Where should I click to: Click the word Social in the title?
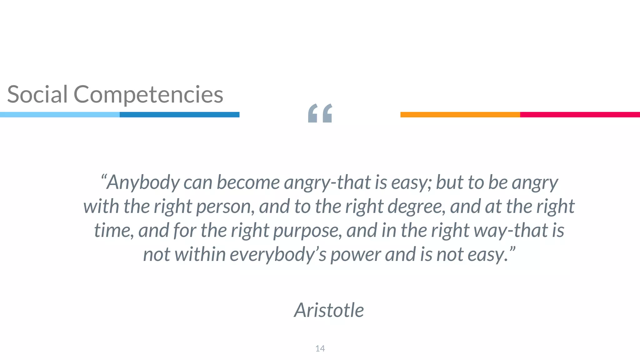(x=37, y=94)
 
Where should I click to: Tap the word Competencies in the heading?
(x=148, y=95)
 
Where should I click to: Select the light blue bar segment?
(x=60, y=115)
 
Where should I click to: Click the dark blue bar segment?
(x=179, y=115)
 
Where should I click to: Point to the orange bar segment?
(x=460, y=115)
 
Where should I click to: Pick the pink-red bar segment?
(x=580, y=115)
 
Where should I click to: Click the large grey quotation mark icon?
(x=320, y=113)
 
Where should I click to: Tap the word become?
(x=248, y=182)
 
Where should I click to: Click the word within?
(x=200, y=254)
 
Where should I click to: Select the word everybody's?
(x=278, y=255)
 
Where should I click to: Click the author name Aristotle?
(x=329, y=310)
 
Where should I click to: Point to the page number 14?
(x=320, y=348)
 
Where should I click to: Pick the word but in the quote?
(x=449, y=182)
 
